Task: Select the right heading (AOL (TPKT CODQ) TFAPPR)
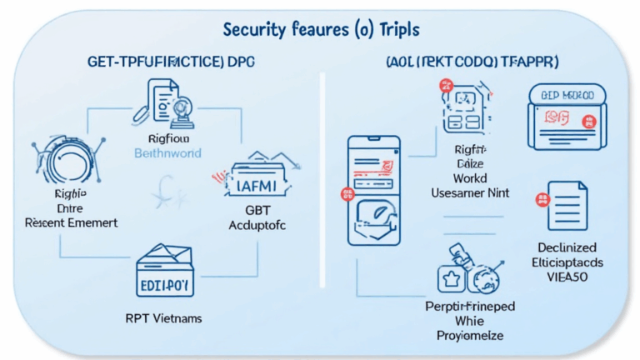click(x=472, y=62)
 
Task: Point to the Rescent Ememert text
click(x=72, y=223)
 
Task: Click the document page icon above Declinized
click(x=567, y=206)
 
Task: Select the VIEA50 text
click(x=568, y=276)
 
